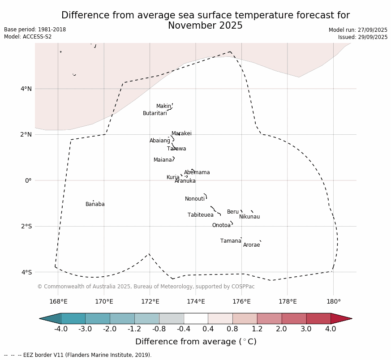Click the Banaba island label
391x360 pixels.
95,204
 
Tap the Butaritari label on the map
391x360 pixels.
155,113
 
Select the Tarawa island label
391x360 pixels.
176,149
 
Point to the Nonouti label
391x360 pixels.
195,199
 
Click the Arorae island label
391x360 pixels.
251,245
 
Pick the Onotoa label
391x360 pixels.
221,225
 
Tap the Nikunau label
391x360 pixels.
249,217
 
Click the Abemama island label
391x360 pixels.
197,172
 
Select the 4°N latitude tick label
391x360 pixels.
26,89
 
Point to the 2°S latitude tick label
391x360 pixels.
26,226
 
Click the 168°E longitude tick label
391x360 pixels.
58,301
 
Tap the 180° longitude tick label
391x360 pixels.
333,301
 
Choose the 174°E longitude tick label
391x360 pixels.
196,301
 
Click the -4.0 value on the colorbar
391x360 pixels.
61,329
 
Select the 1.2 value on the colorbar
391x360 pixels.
257,329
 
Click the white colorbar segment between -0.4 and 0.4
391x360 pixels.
196,318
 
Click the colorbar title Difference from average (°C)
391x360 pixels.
196,342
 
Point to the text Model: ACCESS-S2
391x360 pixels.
28,37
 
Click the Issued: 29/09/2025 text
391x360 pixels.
363,37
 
